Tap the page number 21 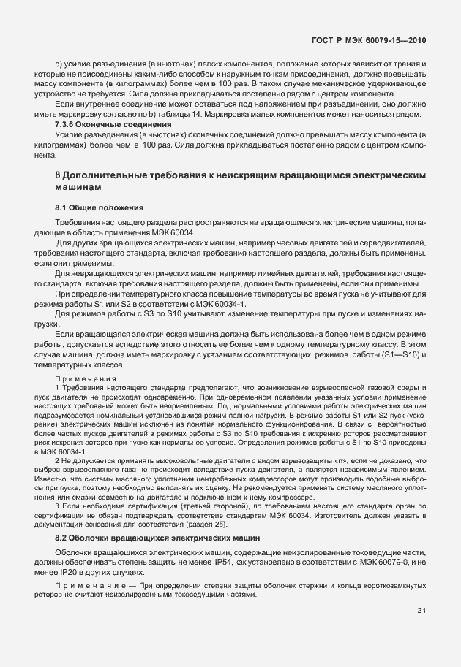[421, 631]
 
